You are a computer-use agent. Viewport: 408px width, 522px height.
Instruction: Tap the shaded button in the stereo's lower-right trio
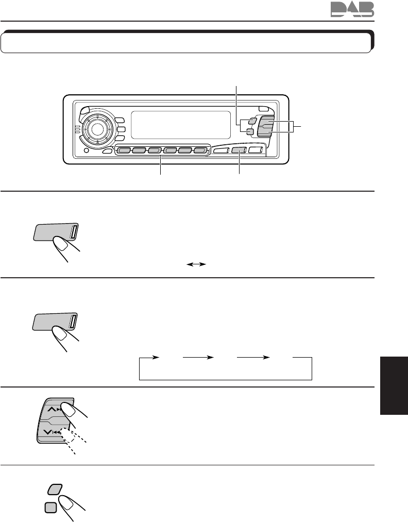pos(239,150)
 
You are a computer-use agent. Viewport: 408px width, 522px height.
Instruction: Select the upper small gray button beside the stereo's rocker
pos(251,122)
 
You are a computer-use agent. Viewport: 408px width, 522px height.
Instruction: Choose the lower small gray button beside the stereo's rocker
pos(249,132)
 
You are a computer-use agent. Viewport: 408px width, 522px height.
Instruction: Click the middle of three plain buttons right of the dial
pos(120,130)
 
